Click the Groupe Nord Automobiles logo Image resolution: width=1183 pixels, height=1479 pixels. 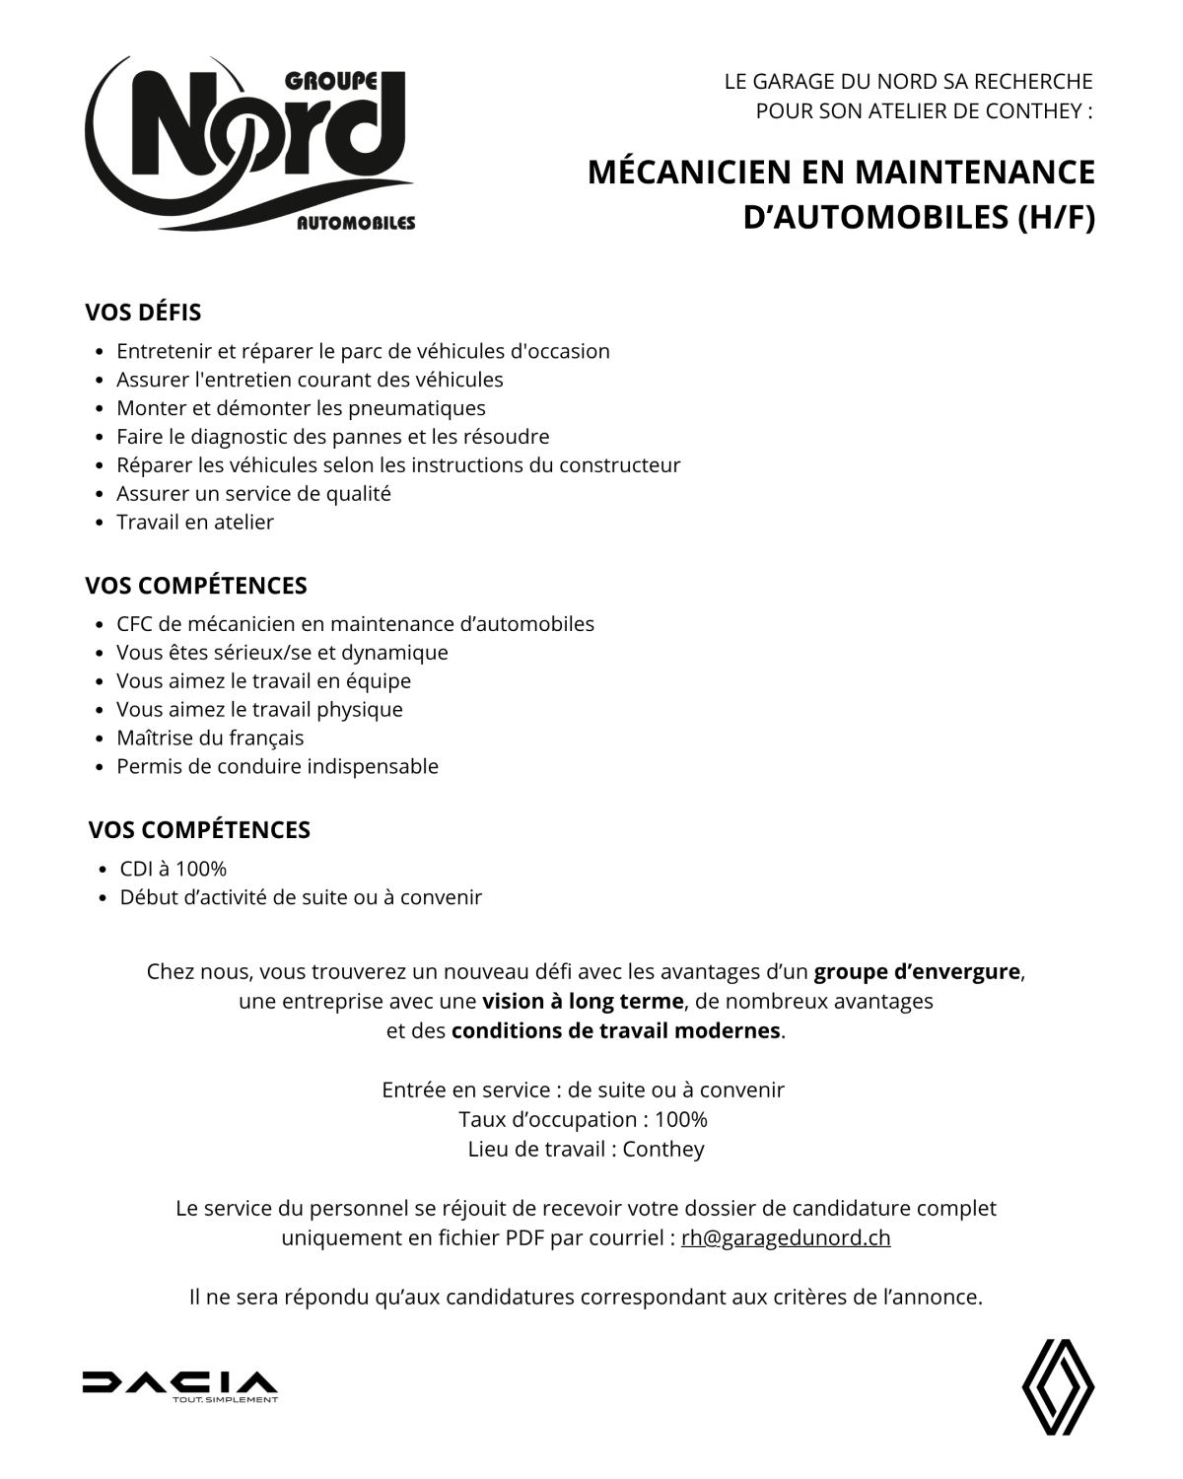pyautogui.click(x=250, y=146)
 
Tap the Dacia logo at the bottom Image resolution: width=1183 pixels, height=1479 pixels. pyautogui.click(x=179, y=1384)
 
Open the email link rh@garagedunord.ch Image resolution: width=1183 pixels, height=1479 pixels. pyautogui.click(x=786, y=1238)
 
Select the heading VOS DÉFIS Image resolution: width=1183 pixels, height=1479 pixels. pyautogui.click(x=143, y=313)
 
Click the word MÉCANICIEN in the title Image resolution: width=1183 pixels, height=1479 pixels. pyautogui.click(x=689, y=173)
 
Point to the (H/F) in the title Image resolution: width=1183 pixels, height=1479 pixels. pyautogui.click(x=1056, y=218)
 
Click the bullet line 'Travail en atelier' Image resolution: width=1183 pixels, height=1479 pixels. pyautogui.click(x=195, y=523)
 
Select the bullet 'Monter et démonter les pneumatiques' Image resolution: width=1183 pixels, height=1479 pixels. pyautogui.click(x=301, y=408)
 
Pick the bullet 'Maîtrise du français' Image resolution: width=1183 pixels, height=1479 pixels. pyautogui.click(x=210, y=739)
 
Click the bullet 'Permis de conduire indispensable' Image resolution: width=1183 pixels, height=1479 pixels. pyautogui.click(x=277, y=767)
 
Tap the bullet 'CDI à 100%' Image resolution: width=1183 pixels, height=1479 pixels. pyautogui.click(x=174, y=869)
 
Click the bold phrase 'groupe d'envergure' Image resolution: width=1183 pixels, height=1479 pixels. pyautogui.click(x=916, y=972)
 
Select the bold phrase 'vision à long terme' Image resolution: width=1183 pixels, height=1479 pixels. pyautogui.click(x=583, y=1002)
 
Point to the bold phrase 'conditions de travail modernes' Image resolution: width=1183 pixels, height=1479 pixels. pyautogui.click(x=615, y=1031)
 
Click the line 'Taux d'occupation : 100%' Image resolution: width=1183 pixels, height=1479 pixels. pyautogui.click(x=583, y=1120)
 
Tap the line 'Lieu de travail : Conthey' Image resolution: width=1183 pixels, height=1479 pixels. pyautogui.click(x=586, y=1150)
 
